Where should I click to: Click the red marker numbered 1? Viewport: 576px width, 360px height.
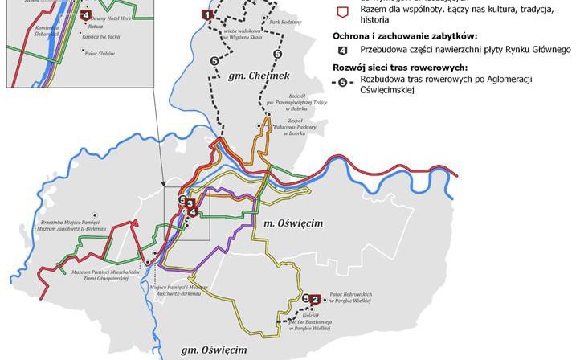[207, 14]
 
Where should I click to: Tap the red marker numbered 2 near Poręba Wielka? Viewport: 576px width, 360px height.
[315, 300]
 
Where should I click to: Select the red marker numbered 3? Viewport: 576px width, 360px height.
[190, 204]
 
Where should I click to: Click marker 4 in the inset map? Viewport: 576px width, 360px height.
[86, 14]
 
